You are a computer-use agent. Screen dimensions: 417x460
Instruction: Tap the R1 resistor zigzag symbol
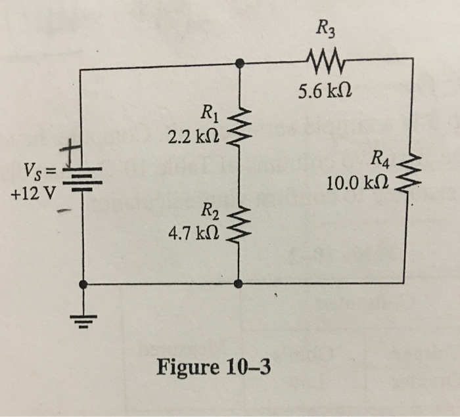point(239,129)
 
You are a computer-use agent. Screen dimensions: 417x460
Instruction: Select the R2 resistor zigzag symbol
point(239,223)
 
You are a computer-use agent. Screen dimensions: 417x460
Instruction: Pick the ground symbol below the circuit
point(83,321)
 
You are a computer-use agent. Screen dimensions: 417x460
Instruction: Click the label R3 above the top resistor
point(325,28)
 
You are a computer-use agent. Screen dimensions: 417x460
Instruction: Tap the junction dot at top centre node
point(239,63)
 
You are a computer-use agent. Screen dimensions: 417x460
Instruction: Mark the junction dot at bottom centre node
point(239,284)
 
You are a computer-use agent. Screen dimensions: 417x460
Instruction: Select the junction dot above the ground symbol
point(83,284)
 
